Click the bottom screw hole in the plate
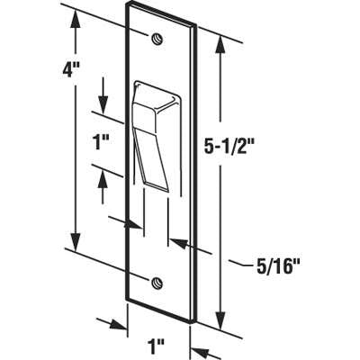(157, 280)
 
